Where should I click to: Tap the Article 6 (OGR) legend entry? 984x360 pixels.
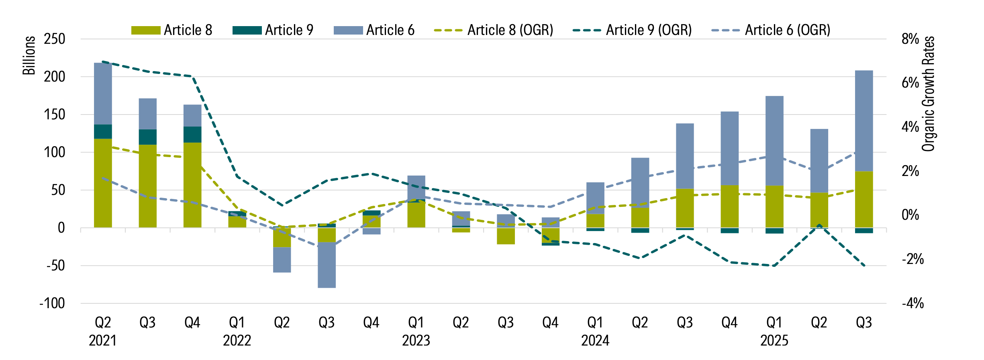772,30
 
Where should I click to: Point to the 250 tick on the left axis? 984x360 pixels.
54,39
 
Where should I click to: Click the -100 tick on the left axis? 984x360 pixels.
52,303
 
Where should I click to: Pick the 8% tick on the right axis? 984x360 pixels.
910,39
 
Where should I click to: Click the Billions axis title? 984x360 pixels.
29,55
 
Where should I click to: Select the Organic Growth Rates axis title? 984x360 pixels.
928,94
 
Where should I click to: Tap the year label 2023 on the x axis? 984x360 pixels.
416,341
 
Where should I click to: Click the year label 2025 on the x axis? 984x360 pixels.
774,341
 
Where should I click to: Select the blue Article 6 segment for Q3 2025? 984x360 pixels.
864,121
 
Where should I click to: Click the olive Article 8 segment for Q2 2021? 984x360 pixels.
103,183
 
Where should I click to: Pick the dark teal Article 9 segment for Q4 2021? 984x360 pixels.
192,135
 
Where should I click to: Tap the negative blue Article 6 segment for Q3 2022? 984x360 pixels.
327,265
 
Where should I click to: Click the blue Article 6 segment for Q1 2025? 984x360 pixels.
774,141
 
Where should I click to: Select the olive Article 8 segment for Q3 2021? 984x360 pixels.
147,186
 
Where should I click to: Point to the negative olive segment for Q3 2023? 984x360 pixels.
506,236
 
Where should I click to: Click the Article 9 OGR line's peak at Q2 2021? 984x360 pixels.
103,62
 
